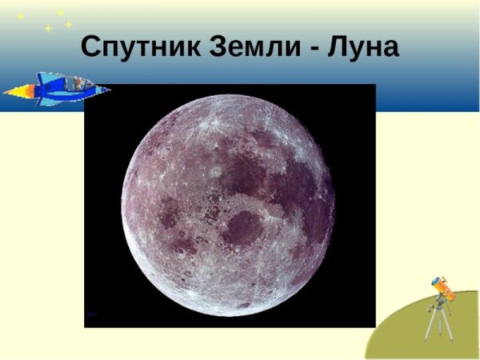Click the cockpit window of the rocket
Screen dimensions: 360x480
77,82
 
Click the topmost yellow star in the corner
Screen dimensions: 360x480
60,12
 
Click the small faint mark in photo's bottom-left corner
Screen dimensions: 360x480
94,314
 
